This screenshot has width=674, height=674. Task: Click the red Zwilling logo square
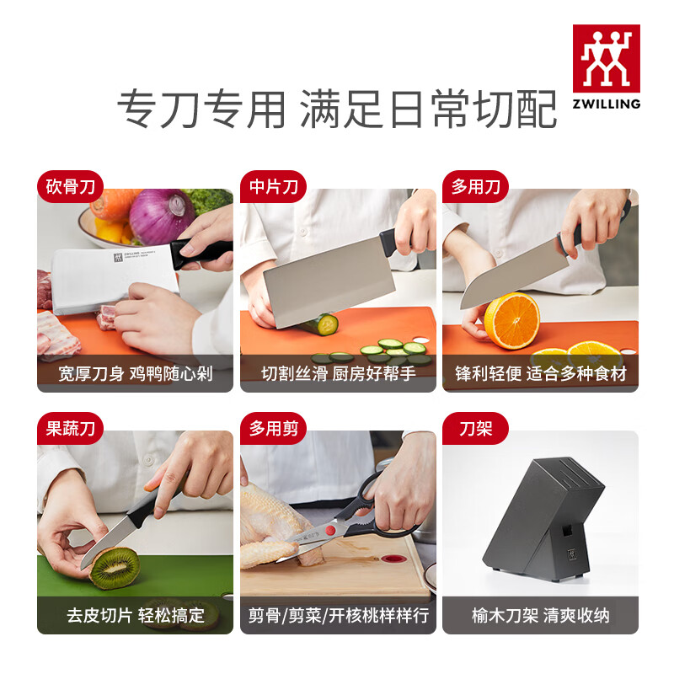pos(606,57)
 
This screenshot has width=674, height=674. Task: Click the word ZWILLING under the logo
pos(606,104)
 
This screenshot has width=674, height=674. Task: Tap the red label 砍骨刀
pos(70,186)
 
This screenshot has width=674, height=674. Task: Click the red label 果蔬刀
pos(70,429)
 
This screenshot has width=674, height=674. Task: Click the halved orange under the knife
pos(511,321)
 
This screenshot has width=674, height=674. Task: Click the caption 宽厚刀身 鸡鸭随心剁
pos(135,373)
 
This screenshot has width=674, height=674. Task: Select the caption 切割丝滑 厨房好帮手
pos(338,373)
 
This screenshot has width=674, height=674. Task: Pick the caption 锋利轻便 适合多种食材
pos(540,373)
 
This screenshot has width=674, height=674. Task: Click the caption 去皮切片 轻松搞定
pos(135,615)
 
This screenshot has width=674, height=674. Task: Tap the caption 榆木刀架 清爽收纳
pos(540,615)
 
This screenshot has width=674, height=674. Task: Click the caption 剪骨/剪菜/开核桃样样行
pos(338,615)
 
